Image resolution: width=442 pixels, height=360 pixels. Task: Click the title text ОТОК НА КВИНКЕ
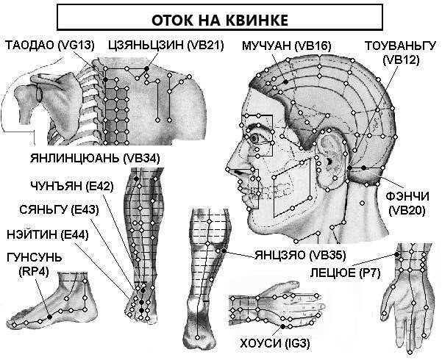pyautogui.click(x=220, y=21)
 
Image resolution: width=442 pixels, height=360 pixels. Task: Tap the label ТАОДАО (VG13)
pyautogui.click(x=50, y=45)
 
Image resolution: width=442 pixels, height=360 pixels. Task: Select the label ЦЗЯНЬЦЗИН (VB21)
pyautogui.click(x=166, y=45)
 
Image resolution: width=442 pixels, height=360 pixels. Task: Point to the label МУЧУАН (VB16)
pyautogui.click(x=286, y=45)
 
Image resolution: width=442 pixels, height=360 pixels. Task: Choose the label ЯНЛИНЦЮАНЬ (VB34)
pyautogui.click(x=95, y=158)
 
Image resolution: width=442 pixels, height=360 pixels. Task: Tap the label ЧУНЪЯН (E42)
pyautogui.click(x=72, y=186)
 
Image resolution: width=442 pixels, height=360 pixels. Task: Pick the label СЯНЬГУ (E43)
pyautogui.click(x=59, y=210)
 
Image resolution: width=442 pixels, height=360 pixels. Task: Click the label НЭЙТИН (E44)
pyautogui.click(x=48, y=234)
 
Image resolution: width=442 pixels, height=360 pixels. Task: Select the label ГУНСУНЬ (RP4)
pyautogui.click(x=34, y=264)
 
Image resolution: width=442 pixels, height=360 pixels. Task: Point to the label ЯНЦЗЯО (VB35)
pyautogui.click(x=300, y=255)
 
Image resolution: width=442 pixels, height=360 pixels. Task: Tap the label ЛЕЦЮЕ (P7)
pyautogui.click(x=346, y=273)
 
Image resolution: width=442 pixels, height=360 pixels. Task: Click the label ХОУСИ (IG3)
pyautogui.click(x=275, y=343)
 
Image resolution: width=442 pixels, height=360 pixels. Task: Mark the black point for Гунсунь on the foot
pyautogui.click(x=50, y=317)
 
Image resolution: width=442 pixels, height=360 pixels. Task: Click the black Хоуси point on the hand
pyautogui.click(x=282, y=326)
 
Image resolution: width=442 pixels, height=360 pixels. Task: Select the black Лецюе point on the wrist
pyautogui.click(x=396, y=254)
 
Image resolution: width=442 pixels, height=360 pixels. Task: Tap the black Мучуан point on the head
pyautogui.click(x=286, y=82)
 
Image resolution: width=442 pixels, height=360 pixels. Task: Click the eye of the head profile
pyautogui.click(x=255, y=138)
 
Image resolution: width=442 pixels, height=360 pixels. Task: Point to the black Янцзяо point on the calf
pyautogui.click(x=224, y=251)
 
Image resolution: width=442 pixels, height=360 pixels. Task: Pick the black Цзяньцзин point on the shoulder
pyautogui.click(x=146, y=68)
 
